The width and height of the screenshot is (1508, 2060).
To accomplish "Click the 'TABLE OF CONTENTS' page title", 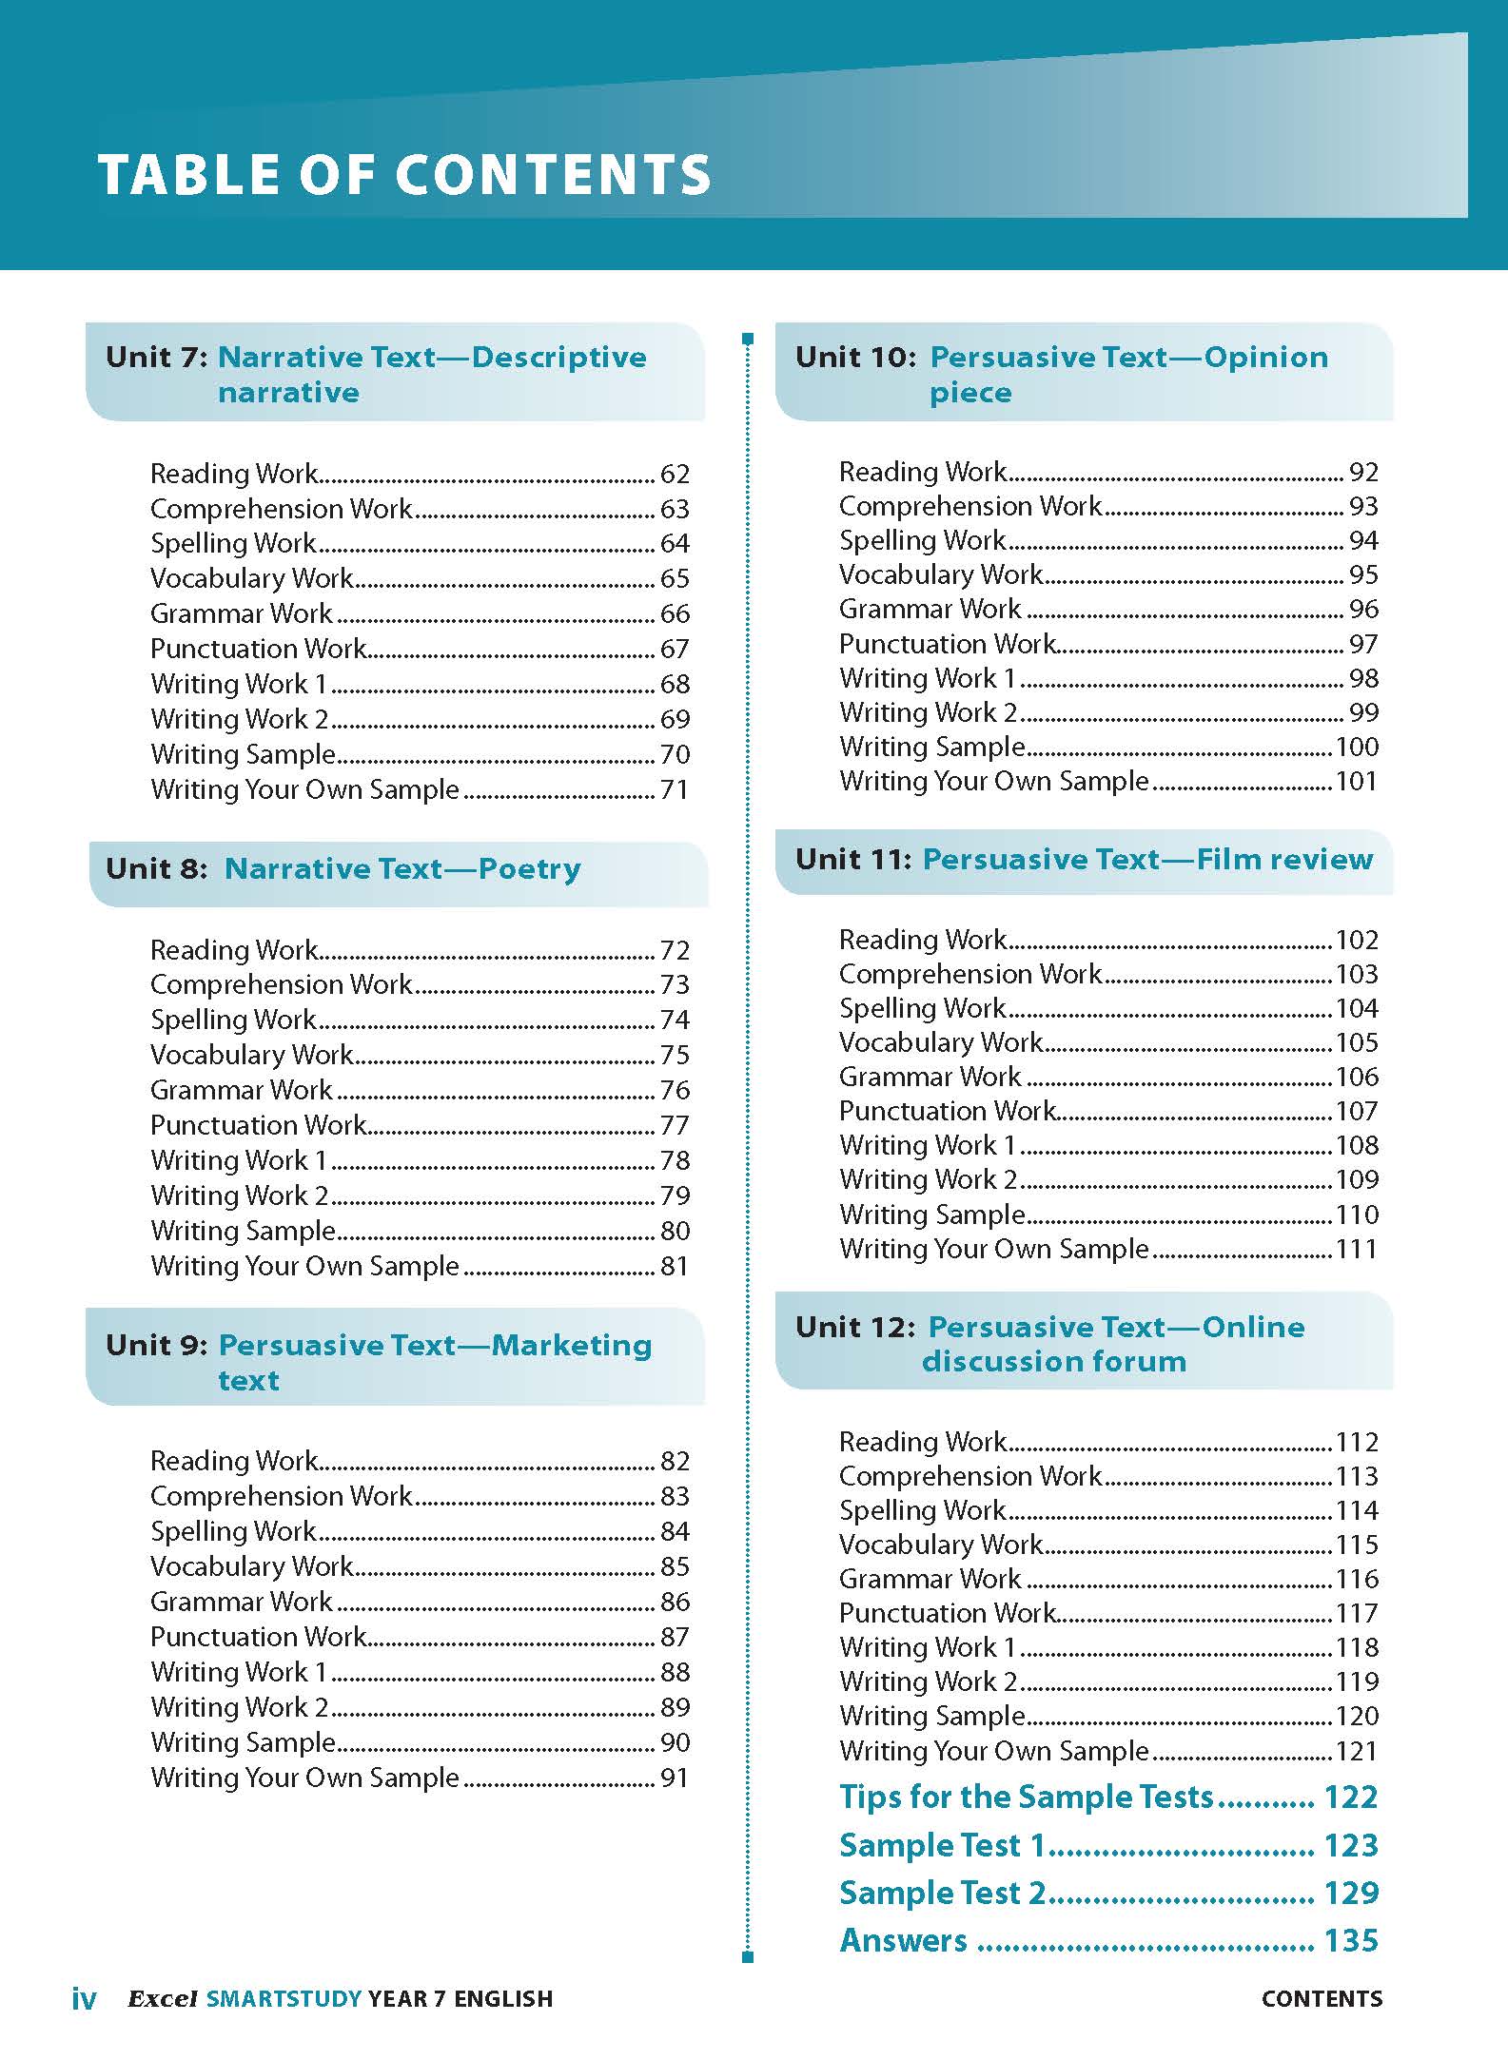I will click(x=404, y=175).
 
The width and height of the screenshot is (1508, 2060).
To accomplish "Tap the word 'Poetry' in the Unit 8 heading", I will click(x=529, y=869).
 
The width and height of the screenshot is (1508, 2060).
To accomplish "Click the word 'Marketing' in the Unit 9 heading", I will click(x=572, y=1346).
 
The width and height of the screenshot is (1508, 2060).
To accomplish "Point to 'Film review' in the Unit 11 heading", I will click(x=1284, y=860).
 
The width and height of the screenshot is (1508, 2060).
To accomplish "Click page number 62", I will click(x=675, y=474).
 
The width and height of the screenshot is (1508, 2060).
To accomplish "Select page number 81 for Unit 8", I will click(x=675, y=1266).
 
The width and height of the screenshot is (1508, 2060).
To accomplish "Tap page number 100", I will click(x=1357, y=747).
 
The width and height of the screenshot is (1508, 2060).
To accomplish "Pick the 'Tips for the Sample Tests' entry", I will click(x=1027, y=1797).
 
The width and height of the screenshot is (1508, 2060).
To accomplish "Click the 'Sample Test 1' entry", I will click(x=942, y=1845).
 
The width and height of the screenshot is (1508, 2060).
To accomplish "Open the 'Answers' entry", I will click(x=904, y=1940).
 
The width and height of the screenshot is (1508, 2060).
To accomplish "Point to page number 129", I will click(x=1351, y=1893).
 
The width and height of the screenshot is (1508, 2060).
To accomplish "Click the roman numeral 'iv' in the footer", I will click(x=84, y=1999).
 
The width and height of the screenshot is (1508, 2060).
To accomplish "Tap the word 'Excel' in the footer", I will click(x=163, y=1999).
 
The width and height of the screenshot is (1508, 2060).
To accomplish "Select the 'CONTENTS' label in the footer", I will click(x=1322, y=1999).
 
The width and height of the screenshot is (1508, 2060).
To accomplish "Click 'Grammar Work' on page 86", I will click(x=242, y=1602).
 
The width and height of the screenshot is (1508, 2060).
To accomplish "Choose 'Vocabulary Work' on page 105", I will click(x=941, y=1042).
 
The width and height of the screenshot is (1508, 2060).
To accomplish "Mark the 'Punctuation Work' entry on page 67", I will click(x=258, y=649).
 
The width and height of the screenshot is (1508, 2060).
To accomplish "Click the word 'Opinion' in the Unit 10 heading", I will click(x=1265, y=358).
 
